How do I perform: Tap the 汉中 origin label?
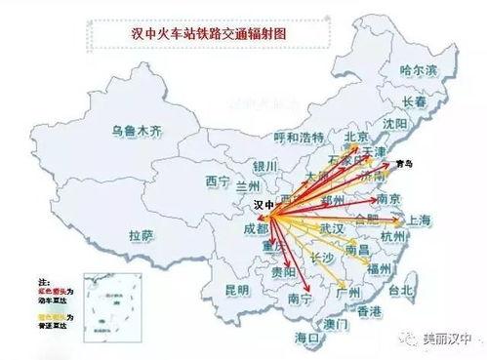[x=264, y=206]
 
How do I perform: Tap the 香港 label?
[x=369, y=310]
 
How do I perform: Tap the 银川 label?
[x=264, y=166]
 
